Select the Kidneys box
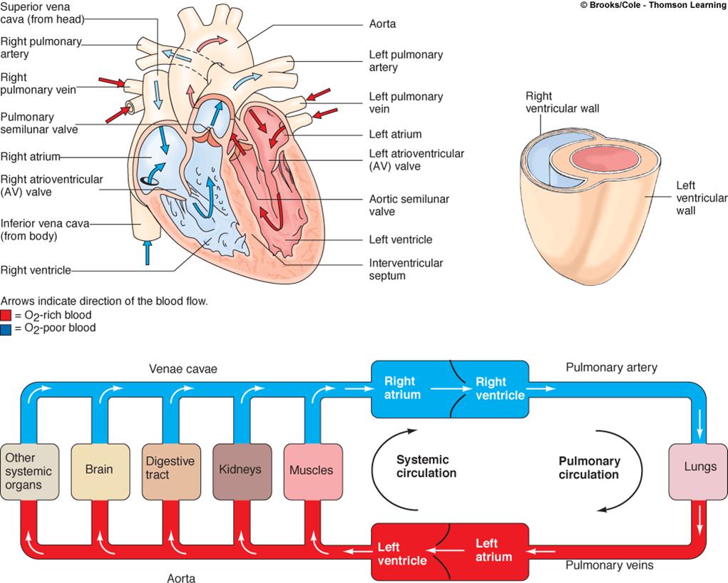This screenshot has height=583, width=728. (x=241, y=470)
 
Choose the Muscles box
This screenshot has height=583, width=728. (x=311, y=470)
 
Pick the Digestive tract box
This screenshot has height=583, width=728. (x=169, y=470)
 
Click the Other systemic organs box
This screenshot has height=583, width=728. (x=28, y=470)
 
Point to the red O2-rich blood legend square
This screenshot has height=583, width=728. (x=6, y=315)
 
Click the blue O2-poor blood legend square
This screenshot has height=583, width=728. (x=6, y=328)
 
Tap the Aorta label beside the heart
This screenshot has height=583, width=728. (x=383, y=24)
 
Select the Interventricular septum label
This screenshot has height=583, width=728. (x=406, y=269)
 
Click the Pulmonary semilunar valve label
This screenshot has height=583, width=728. (x=39, y=123)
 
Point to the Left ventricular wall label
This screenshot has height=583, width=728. (x=701, y=198)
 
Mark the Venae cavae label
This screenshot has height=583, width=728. (x=183, y=369)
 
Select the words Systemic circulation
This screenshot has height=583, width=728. (x=426, y=466)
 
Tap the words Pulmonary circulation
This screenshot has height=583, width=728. (x=589, y=468)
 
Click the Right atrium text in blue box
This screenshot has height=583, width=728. (x=402, y=388)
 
